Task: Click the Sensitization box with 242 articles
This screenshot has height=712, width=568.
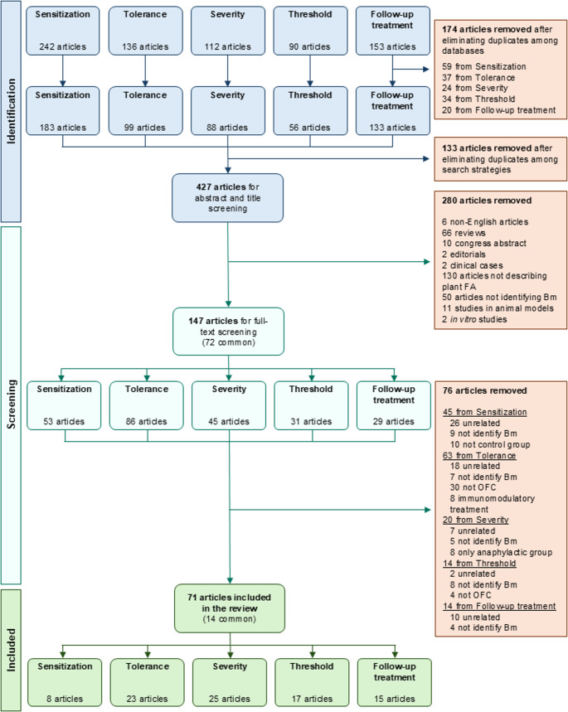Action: click(x=63, y=31)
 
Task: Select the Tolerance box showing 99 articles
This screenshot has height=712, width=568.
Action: click(x=145, y=111)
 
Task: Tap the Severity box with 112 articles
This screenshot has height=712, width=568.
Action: click(x=228, y=31)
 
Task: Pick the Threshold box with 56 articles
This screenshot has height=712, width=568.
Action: click(x=310, y=111)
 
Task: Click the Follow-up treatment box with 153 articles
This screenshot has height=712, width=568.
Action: click(x=392, y=31)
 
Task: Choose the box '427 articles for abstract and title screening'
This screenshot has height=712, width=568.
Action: click(x=228, y=198)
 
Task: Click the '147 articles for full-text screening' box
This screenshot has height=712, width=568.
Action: click(x=229, y=332)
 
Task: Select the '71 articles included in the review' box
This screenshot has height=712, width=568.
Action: click(x=230, y=608)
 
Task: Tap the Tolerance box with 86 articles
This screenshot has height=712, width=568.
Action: click(x=146, y=405)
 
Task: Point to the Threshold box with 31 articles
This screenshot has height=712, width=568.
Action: click(x=311, y=405)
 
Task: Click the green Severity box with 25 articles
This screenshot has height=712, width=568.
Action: click(x=230, y=682)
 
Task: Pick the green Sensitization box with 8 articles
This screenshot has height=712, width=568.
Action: click(x=65, y=682)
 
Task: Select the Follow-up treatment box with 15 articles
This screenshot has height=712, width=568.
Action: click(x=395, y=682)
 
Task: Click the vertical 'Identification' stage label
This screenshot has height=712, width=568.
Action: click(x=11, y=111)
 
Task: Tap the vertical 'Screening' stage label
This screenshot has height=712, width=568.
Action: click(x=11, y=404)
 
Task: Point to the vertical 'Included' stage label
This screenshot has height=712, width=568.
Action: click(x=11, y=650)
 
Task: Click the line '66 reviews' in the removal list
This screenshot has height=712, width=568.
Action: click(x=464, y=233)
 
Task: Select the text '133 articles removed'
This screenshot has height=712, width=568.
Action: click(x=487, y=148)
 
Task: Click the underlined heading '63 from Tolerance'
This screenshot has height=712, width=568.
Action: click(x=479, y=455)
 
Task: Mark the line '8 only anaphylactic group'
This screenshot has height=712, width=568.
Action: click(x=501, y=552)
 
